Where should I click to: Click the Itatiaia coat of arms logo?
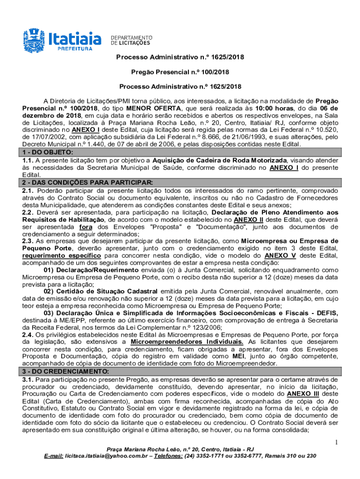coord(34,39)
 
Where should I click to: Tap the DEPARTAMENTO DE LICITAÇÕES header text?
coord(131,40)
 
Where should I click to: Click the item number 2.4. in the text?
coord(29,334)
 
